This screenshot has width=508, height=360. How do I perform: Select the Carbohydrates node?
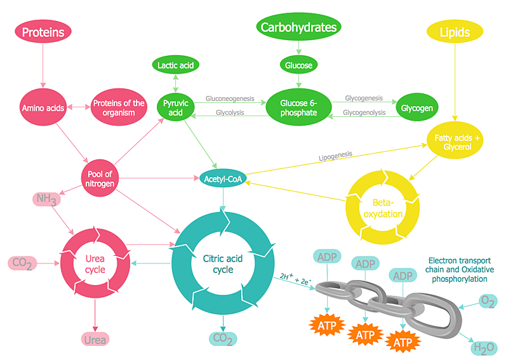coord(297,27)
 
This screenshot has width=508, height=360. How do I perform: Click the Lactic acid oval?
coord(176,65)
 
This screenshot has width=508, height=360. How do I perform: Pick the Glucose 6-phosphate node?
coord(298,107)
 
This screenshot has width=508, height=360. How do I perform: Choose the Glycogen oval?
coord(417,108)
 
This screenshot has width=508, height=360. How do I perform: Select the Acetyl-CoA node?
coord(223,179)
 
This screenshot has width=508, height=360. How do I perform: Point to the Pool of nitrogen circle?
coord(100,179)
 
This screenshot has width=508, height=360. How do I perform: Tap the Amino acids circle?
coord(43,108)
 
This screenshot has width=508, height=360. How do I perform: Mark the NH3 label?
coord(47,199)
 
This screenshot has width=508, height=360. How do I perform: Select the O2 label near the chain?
coord(488,300)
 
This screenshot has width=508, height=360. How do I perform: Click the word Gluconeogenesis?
coord(229,98)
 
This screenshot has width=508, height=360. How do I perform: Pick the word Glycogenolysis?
coord(364,112)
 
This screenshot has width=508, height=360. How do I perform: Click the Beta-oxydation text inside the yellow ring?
coord(383,208)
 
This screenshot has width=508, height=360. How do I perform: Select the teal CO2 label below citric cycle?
coord(223,338)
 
